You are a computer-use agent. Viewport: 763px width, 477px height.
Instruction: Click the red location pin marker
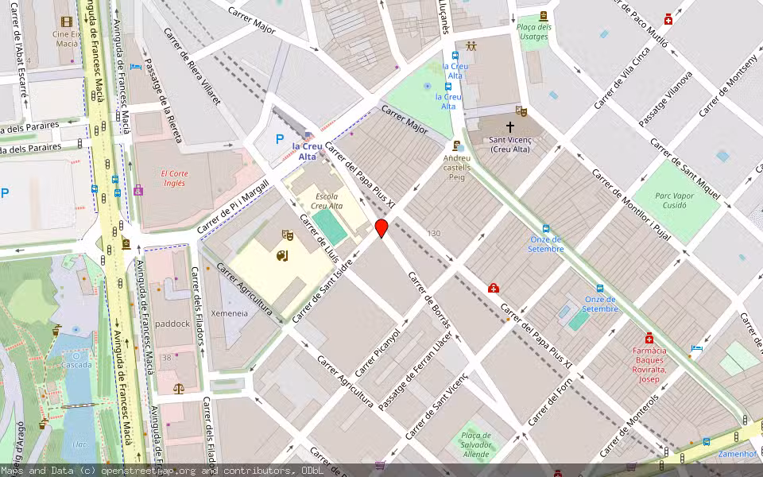tap(381, 229)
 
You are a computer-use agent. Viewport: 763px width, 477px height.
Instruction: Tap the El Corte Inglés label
tap(173, 178)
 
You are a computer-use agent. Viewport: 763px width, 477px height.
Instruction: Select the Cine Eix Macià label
tap(67, 39)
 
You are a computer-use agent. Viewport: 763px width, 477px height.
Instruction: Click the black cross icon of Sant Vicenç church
tap(509, 126)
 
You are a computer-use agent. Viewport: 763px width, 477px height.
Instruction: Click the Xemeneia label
tap(229, 313)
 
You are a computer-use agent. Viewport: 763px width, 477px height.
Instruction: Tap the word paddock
tap(172, 324)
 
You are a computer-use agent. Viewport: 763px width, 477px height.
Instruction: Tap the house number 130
tap(433, 233)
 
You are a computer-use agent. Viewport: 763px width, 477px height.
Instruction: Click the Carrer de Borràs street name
tap(429, 301)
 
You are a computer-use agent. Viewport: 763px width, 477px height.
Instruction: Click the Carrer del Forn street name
tap(550, 401)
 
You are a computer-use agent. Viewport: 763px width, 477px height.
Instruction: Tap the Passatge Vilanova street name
tap(665, 99)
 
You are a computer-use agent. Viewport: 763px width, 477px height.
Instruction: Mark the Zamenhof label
tap(736, 454)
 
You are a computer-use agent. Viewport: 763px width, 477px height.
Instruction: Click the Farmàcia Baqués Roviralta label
tap(649, 364)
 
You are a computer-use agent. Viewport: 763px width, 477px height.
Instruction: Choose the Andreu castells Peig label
tap(457, 162)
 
